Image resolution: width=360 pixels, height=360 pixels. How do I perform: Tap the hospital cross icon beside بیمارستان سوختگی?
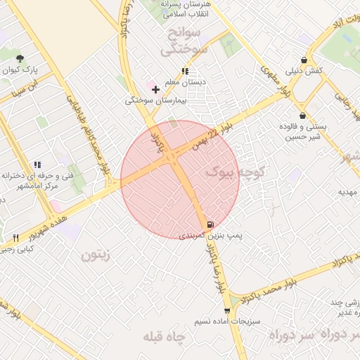(x=155, y=89)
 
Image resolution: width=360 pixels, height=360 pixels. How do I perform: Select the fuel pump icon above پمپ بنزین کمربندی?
(x=209, y=225)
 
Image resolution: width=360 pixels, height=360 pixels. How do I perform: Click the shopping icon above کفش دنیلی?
(x=303, y=60)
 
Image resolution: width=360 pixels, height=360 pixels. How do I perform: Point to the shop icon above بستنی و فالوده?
(x=302, y=115)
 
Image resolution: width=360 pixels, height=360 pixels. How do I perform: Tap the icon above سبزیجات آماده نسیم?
(x=226, y=310)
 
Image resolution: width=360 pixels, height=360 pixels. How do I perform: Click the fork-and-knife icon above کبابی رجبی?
(x=15, y=238)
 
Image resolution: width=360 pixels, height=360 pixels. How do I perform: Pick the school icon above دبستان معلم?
(x=185, y=71)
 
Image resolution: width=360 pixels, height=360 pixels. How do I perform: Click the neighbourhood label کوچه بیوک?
(x=236, y=171)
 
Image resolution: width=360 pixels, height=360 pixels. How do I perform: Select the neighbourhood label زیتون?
(x=96, y=255)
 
